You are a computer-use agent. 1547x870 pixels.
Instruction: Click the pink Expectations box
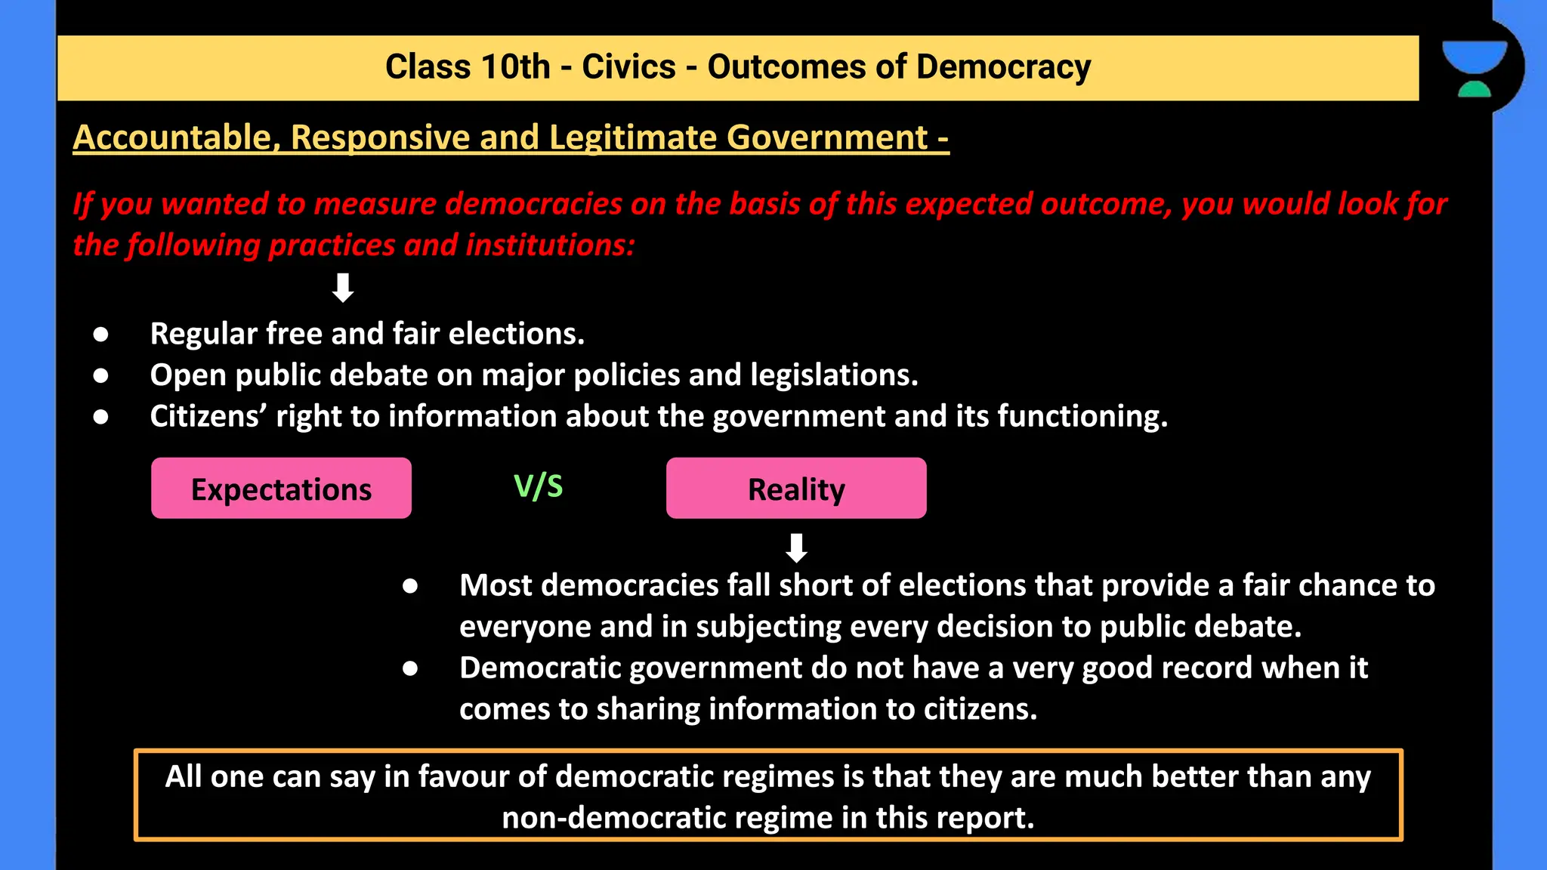pos(281,489)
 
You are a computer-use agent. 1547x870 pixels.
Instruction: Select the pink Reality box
pos(796,489)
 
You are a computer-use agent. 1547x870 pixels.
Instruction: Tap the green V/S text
pos(539,486)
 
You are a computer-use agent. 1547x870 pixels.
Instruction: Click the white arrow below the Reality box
pos(796,548)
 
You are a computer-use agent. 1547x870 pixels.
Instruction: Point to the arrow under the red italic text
pos(343,288)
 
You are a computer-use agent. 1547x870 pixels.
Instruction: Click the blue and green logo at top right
pos(1474,68)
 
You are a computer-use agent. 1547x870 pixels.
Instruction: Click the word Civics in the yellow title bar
pos(628,67)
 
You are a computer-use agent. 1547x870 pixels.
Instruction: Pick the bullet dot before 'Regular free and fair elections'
pos(100,334)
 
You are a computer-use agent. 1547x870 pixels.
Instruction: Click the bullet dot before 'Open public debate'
pos(100,375)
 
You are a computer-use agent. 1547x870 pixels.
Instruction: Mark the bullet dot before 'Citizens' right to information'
pos(100,417)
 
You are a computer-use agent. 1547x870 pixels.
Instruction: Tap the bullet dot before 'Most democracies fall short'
pos(410,586)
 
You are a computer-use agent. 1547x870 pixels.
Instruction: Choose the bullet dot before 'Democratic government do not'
pos(410,668)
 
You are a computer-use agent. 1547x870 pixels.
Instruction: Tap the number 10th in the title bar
pos(514,67)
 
